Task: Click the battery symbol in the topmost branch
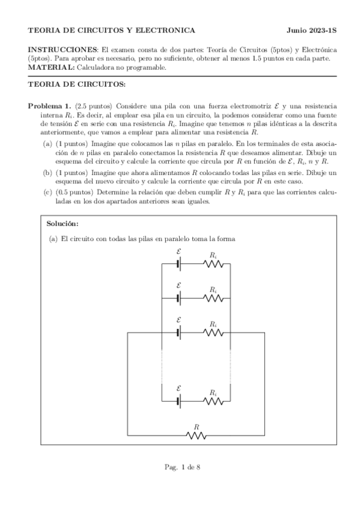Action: pos(179,263)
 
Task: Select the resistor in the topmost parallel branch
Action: pos(213,263)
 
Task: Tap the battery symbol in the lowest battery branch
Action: pos(179,399)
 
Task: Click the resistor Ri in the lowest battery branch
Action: pos(213,399)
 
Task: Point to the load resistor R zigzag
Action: pos(196,435)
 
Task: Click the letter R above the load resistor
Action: pos(196,426)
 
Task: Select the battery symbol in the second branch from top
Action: pos(179,298)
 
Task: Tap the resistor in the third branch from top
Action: pos(213,331)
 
